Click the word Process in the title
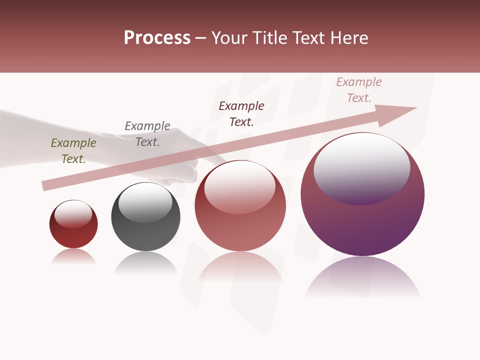tap(157, 38)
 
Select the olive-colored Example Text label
tap(73, 151)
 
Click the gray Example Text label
tap(147, 134)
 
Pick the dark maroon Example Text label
tap(241, 114)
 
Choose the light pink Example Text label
tap(358, 90)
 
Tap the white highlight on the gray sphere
tap(145, 203)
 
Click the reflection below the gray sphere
tap(145, 263)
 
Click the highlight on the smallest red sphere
tap(73, 214)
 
